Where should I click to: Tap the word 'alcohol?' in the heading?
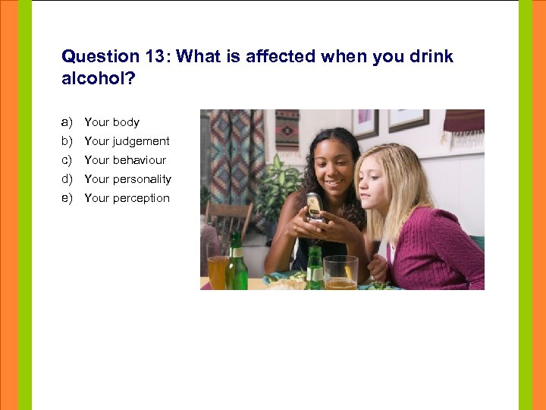click(x=97, y=79)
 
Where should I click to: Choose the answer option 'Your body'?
click(x=111, y=122)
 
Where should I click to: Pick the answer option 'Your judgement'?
click(x=127, y=141)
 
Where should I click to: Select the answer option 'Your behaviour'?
click(x=124, y=160)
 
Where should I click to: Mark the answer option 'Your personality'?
click(x=127, y=179)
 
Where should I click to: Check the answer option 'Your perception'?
click(x=127, y=198)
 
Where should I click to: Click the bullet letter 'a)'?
click(x=67, y=122)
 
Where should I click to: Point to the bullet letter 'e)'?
click(x=67, y=198)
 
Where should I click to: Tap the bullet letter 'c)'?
click(x=67, y=160)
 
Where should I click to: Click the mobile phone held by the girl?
click(x=313, y=206)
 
